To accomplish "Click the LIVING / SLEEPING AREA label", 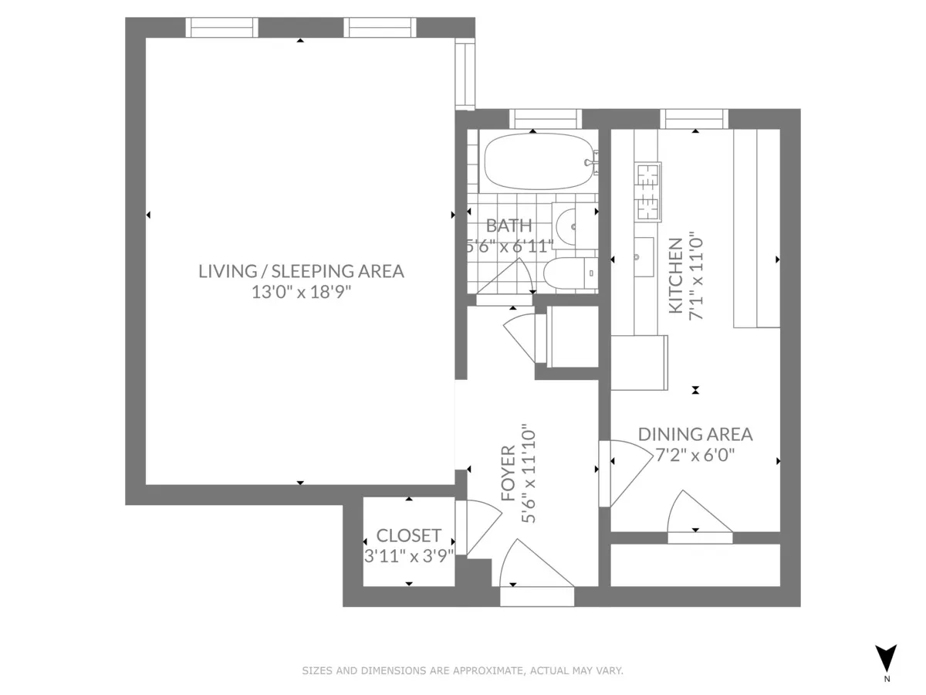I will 301,271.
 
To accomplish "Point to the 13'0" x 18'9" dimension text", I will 301,292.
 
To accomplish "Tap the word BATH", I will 509,226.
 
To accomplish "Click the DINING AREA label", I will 694,434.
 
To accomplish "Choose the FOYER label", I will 508,473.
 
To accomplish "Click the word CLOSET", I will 408,535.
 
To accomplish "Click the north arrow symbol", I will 887,658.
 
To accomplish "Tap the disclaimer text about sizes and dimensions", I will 462,671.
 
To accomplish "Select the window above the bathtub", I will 545,118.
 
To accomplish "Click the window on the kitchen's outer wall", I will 694,118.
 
